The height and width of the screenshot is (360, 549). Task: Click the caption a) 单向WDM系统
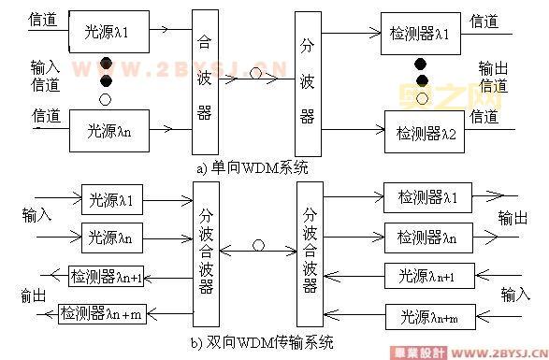click(252, 167)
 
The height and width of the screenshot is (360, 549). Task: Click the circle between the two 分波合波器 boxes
click(257, 247)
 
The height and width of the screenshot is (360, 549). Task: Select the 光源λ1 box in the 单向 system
click(103, 32)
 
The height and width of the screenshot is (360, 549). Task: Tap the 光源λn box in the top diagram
click(103, 130)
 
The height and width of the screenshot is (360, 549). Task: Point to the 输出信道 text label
click(493, 77)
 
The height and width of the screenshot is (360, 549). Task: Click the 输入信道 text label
click(46, 76)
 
